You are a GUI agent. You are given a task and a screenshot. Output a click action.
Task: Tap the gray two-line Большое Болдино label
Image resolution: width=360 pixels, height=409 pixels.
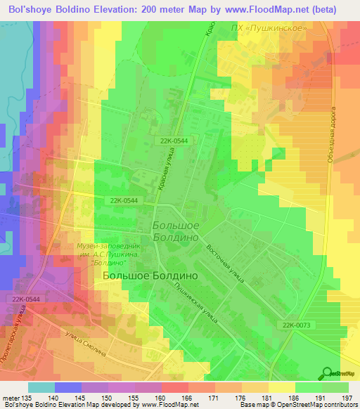(176, 231)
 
